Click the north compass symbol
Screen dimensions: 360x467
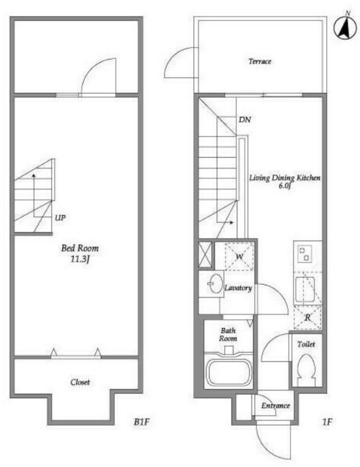pyautogui.click(x=345, y=27)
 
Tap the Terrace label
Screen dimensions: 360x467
pyautogui.click(x=260, y=61)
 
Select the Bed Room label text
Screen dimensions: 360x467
pyautogui.click(x=79, y=248)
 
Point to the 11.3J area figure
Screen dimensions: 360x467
pyautogui.click(x=79, y=259)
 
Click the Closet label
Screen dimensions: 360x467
pyautogui.click(x=80, y=382)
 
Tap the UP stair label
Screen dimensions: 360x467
pyautogui.click(x=60, y=217)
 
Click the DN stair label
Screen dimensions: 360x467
pyautogui.click(x=244, y=120)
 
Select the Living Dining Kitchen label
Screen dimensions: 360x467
pyautogui.click(x=285, y=178)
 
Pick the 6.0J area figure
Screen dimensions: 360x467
pyautogui.click(x=285, y=186)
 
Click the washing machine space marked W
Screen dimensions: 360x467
pyautogui.click(x=239, y=256)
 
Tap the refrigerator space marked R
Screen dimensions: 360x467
pyautogui.click(x=307, y=318)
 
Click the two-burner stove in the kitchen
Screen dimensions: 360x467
pyautogui.click(x=305, y=253)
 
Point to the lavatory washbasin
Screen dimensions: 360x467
pyautogui.click(x=214, y=283)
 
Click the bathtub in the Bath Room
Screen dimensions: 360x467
pyautogui.click(x=228, y=372)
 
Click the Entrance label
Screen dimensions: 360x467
pyautogui.click(x=275, y=406)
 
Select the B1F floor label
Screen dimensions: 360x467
pyautogui.click(x=141, y=421)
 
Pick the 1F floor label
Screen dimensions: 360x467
pyautogui.click(x=327, y=421)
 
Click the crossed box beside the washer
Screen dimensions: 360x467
pyautogui.click(x=205, y=254)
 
